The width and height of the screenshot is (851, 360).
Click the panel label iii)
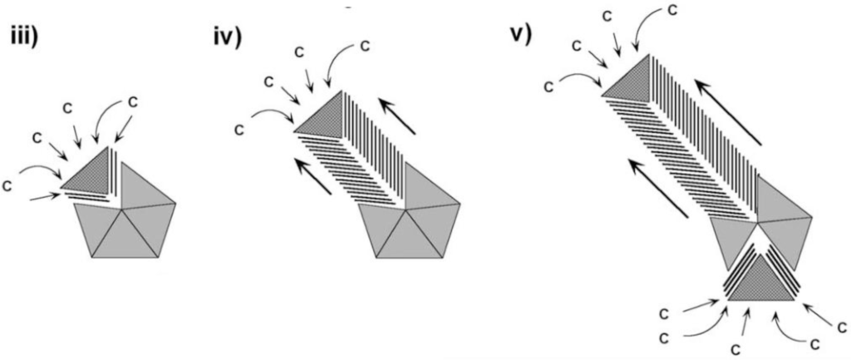[26, 40]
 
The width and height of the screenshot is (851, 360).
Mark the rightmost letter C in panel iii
[132, 101]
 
